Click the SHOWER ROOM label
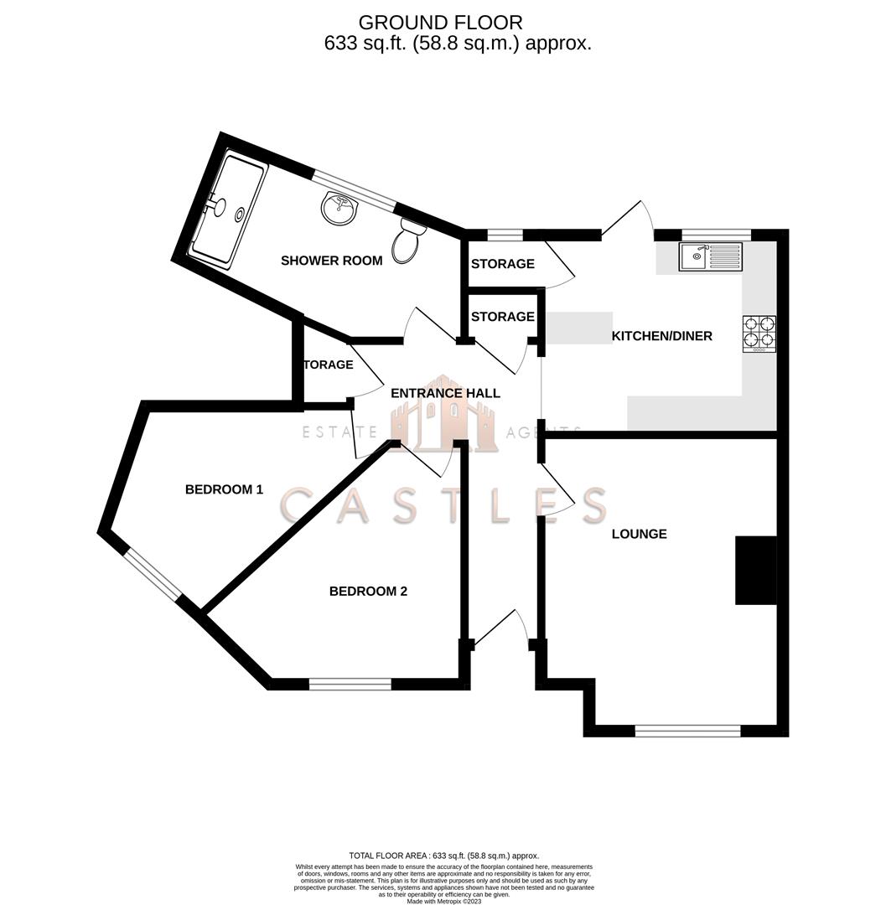click(x=331, y=261)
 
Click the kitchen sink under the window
click(x=711, y=256)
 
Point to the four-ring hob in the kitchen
click(x=759, y=334)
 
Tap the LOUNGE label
click(x=639, y=534)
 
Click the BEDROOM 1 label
click(x=224, y=489)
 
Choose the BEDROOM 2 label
click(x=368, y=592)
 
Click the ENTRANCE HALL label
click(x=445, y=393)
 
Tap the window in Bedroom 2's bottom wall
click(x=350, y=685)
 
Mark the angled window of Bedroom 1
click(x=153, y=574)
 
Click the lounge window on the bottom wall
click(x=687, y=732)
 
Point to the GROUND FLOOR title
click(x=440, y=23)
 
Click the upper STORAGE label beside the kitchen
click(x=502, y=264)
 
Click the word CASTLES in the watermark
click(x=443, y=505)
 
